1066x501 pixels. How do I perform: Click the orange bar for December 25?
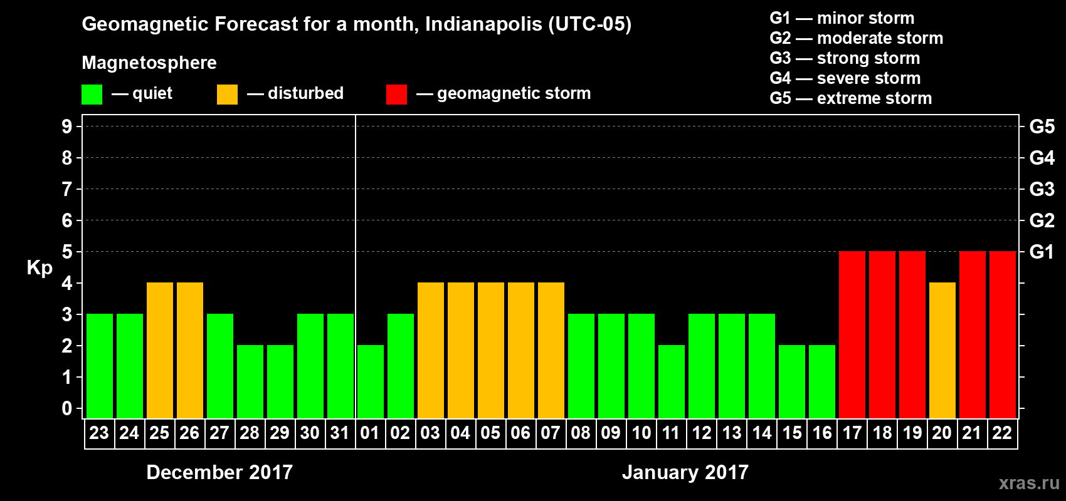pos(160,350)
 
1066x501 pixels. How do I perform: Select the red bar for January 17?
pos(852,334)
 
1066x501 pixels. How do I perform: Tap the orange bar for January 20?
pos(942,350)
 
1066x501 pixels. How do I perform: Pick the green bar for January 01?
pos(371,381)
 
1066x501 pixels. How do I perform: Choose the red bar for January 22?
pos(1003,334)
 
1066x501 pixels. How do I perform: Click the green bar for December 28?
pos(250,381)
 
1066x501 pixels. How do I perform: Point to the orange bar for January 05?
pos(491,350)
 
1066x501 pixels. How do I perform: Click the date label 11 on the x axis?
pos(671,433)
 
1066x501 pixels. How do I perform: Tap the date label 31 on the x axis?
pos(340,433)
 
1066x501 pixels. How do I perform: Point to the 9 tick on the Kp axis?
pos(67,127)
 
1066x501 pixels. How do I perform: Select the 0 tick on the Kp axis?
pos(67,408)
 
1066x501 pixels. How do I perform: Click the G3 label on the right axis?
pos(1042,189)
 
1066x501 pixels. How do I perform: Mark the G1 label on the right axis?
pos(1042,252)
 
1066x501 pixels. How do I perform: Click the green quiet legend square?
pos(92,95)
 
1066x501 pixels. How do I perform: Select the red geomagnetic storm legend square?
pos(396,95)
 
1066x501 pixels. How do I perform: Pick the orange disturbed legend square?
pos(227,95)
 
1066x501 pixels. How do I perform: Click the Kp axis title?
pos(40,268)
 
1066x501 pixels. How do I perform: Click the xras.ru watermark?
pos(1028,482)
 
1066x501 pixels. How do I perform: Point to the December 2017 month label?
pos(219,472)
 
